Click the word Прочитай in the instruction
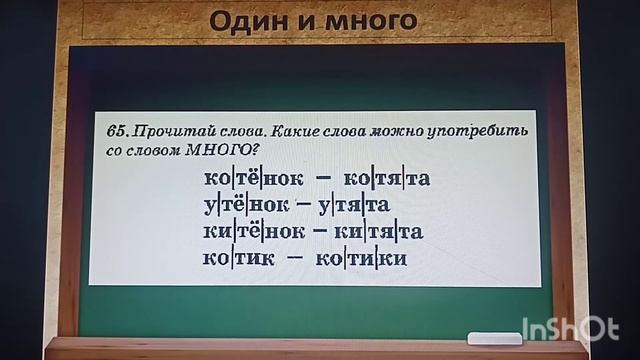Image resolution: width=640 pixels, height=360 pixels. tap(169, 132)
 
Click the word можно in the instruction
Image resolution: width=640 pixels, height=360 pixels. tap(393, 132)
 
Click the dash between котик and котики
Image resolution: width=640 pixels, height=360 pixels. tap(298, 258)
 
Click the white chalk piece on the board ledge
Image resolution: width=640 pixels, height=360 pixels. tap(493, 337)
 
